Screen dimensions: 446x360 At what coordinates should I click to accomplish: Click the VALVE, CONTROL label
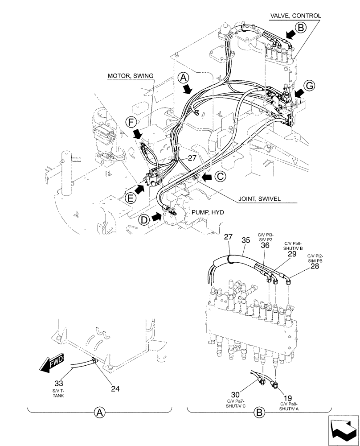tap(295, 16)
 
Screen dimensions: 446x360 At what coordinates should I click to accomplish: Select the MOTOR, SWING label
tap(130, 76)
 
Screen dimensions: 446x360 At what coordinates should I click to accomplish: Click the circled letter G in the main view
tap(310, 85)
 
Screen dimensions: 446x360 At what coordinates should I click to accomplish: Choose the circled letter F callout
tap(130, 120)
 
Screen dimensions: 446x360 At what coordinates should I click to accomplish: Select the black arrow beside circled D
tap(157, 217)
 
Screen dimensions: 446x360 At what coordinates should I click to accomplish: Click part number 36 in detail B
tap(265, 245)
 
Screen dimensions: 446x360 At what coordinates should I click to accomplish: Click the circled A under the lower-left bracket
tap(100, 413)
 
